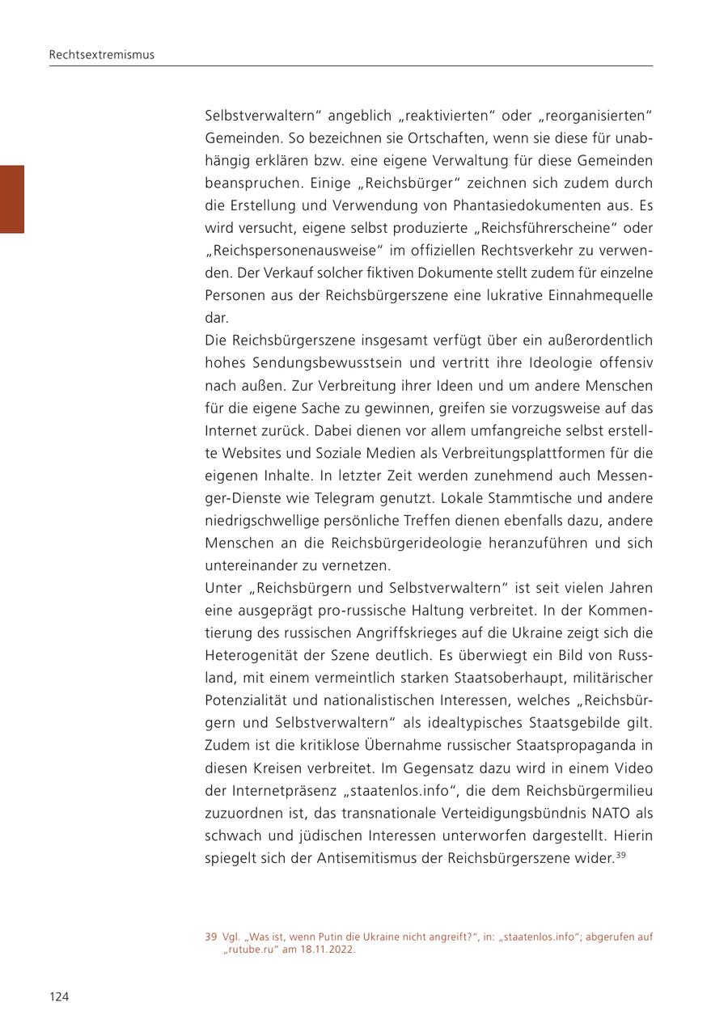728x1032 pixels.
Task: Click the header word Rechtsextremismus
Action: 101,55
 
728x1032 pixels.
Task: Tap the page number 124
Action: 59,996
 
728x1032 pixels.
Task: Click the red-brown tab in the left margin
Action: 12,199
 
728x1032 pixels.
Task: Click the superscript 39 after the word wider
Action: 620,854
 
